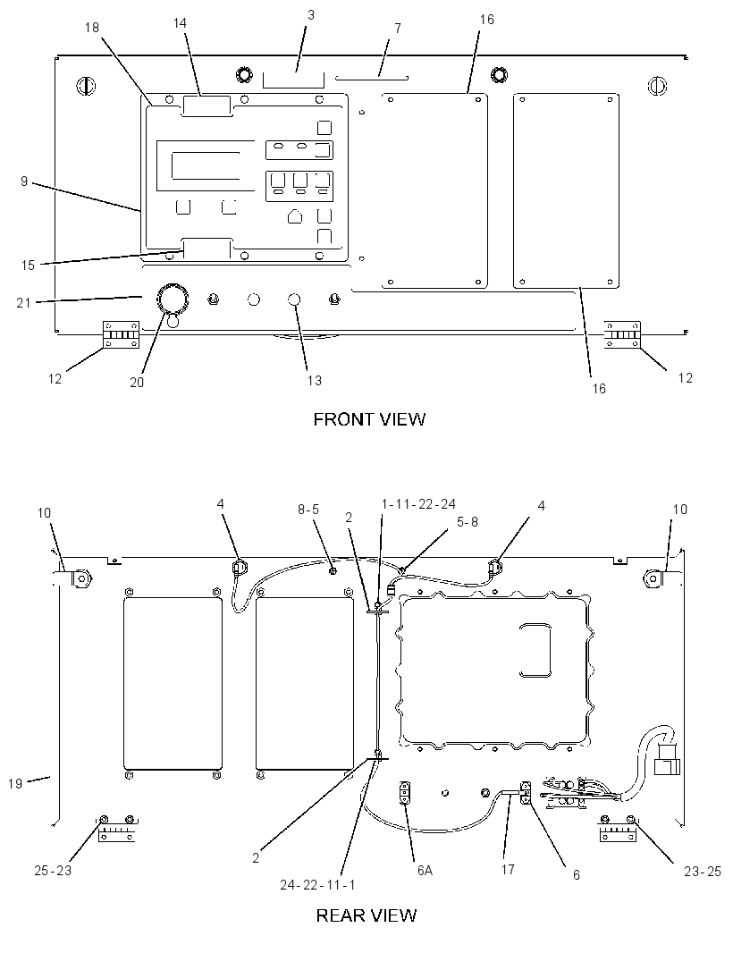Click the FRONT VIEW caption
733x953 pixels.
click(369, 419)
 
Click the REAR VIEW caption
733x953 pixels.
click(366, 915)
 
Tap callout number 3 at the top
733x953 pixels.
click(311, 14)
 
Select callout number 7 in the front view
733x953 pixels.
click(398, 29)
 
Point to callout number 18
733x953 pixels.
click(92, 28)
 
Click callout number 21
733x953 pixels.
click(23, 302)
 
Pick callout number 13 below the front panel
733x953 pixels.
click(315, 381)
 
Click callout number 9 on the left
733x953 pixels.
click(24, 181)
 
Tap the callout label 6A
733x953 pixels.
click(425, 871)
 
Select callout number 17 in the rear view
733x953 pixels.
click(508, 870)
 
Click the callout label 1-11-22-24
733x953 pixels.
click(418, 504)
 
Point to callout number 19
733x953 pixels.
click(15, 784)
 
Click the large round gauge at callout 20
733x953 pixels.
click(172, 298)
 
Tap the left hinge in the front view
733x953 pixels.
click(122, 335)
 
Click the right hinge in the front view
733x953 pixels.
click(622, 335)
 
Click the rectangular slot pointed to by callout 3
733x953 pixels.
click(293, 80)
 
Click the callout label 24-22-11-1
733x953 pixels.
click(317, 885)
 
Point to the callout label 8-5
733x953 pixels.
click(308, 509)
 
